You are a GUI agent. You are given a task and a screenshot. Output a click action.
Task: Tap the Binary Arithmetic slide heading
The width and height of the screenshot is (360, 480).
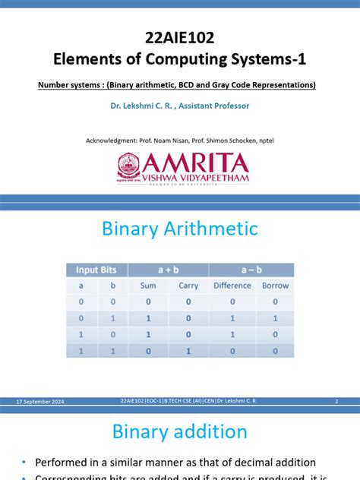point(180,229)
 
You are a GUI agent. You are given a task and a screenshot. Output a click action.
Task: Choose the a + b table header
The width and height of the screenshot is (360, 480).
point(168,270)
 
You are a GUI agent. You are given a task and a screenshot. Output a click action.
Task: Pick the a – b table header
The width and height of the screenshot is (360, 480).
point(251,270)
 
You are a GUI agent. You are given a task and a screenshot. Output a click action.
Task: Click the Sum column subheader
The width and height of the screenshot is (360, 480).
point(148,286)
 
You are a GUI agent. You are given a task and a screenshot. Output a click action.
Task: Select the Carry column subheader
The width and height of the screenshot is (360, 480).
point(188,286)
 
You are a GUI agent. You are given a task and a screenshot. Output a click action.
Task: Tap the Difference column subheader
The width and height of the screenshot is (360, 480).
point(232,286)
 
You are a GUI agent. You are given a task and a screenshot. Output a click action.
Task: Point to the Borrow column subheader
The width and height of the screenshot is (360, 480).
point(275,286)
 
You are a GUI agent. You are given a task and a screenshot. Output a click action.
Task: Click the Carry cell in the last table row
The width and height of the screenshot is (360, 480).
point(188,352)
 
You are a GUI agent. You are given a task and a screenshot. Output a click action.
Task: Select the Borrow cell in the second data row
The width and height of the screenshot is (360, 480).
point(275,318)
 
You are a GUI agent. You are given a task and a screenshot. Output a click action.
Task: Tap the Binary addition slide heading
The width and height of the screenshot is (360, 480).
point(180,432)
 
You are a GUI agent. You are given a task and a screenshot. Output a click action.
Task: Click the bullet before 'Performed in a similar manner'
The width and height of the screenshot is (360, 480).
point(24,463)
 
